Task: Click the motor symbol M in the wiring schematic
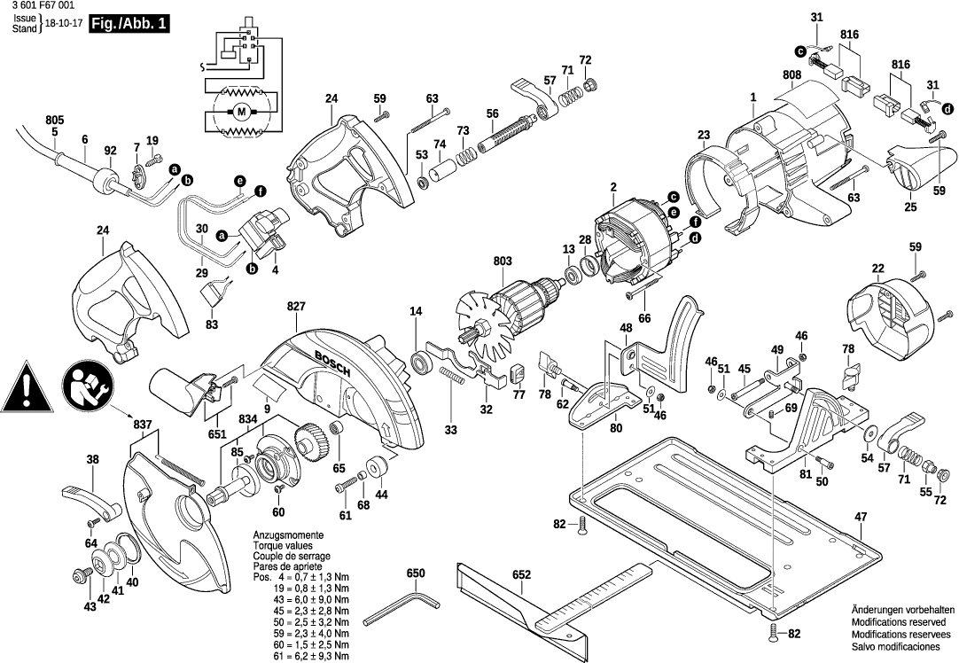pos(241,112)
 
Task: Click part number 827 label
pos(296,306)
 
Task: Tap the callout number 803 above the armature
pos(503,261)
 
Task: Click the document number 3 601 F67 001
pos(40,6)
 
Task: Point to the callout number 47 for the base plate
pos(860,517)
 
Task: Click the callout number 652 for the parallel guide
pos(521,575)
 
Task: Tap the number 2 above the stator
pos(612,187)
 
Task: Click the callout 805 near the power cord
pos(55,120)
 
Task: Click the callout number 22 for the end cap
pos(877,269)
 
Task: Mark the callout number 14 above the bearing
pos(416,311)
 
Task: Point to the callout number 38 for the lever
pos(92,459)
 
